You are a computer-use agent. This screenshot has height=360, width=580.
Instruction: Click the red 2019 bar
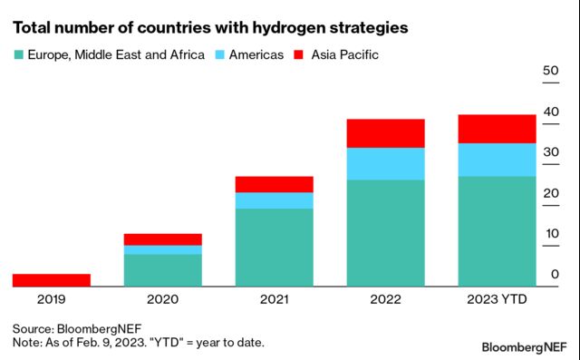coord(52,280)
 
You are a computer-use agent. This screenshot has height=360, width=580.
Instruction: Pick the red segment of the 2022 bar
coord(386,133)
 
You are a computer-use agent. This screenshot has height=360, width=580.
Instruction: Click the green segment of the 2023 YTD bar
coord(496,231)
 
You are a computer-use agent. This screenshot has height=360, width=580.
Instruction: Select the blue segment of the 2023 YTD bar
coord(496,160)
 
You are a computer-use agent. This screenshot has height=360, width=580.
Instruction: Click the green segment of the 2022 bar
coord(386,233)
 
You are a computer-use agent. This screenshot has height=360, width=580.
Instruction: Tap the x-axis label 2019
coord(52,299)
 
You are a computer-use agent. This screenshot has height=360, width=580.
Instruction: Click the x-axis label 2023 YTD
coord(496,299)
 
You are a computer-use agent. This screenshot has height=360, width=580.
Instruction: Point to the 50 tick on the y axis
coord(549,71)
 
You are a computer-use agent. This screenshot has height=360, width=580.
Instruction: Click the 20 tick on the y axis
coord(549,193)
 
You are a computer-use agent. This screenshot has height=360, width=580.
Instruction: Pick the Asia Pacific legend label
coord(344,55)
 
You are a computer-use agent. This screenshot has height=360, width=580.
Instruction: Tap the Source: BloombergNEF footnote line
coord(77,327)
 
